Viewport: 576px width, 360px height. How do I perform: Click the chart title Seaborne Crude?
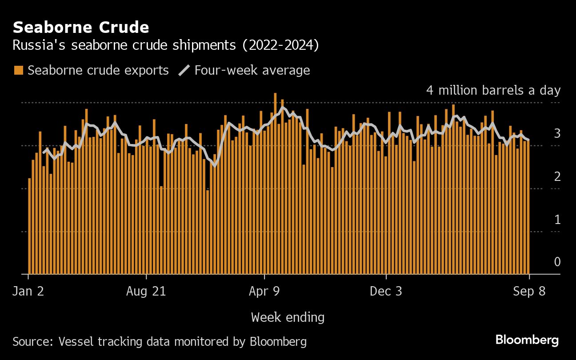point(80,28)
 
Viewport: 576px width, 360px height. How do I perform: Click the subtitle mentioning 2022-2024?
point(165,46)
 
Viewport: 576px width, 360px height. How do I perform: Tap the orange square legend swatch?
point(18,70)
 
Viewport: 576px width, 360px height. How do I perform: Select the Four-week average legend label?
point(252,70)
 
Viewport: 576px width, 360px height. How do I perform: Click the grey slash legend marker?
point(184,70)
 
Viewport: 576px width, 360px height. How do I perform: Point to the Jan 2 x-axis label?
point(29,291)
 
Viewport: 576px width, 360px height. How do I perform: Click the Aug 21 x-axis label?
point(146,291)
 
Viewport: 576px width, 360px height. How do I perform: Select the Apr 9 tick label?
point(264,291)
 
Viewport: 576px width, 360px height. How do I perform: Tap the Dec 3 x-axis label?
point(387,291)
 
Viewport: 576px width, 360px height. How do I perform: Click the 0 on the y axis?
point(557,262)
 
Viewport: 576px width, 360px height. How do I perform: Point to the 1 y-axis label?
point(557,219)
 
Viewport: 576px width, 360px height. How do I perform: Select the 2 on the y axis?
point(557,176)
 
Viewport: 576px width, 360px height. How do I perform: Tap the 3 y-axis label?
point(557,133)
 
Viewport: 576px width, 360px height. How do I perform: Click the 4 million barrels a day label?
point(493,90)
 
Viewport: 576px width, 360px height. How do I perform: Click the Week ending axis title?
point(288,317)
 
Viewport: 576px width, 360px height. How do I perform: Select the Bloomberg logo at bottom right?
point(527,340)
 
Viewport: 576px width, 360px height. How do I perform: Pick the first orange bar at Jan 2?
point(30,226)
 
